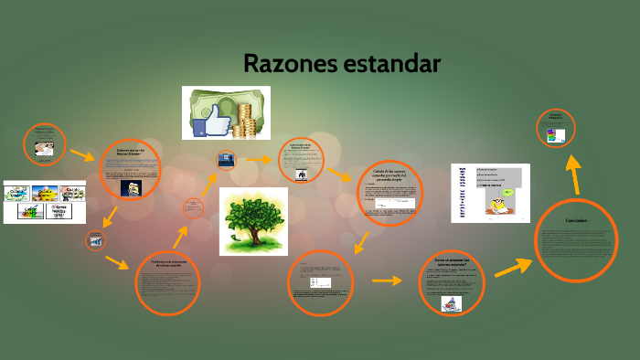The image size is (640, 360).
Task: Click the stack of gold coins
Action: pos(245,119)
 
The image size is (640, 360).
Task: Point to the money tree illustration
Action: pos(253,220)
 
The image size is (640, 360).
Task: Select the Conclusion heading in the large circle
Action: pos(575,221)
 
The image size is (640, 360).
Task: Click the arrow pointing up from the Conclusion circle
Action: pos(573,174)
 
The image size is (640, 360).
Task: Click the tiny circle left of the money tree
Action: pos(193,208)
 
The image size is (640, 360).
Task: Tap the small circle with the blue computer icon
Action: pos(226,162)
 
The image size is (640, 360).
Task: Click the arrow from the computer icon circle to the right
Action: pos(261,160)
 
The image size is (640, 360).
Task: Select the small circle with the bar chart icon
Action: pos(95,241)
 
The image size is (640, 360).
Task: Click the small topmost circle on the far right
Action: pos(555,128)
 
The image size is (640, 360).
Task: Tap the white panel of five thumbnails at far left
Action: pos(45,201)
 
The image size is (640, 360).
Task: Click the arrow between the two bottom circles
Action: pos(387,281)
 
